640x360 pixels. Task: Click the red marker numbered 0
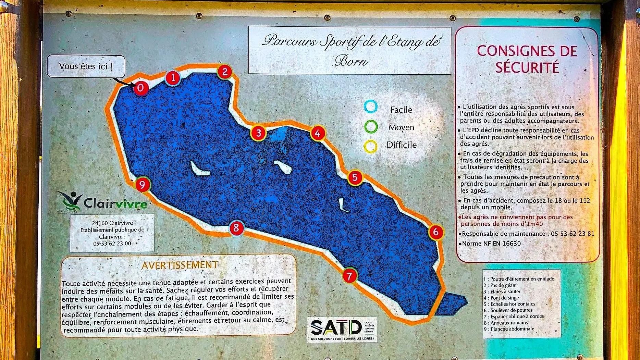(x=140, y=88)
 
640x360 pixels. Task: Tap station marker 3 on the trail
(x=259, y=133)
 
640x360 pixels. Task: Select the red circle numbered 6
(x=436, y=232)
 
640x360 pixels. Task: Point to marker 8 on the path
(x=236, y=228)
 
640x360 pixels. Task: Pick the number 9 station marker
(x=143, y=185)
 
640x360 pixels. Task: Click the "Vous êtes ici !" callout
(x=86, y=66)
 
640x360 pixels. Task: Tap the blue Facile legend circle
(x=371, y=107)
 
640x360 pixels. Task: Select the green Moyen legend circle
(x=371, y=127)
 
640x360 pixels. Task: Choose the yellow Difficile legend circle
(x=370, y=147)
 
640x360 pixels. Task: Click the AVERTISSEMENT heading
(x=180, y=265)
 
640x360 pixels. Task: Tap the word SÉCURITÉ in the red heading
(x=527, y=67)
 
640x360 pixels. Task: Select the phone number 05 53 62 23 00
(x=112, y=244)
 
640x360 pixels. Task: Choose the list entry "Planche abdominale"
(x=512, y=329)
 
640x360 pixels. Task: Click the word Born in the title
(x=351, y=61)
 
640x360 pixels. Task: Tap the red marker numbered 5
(x=355, y=177)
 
